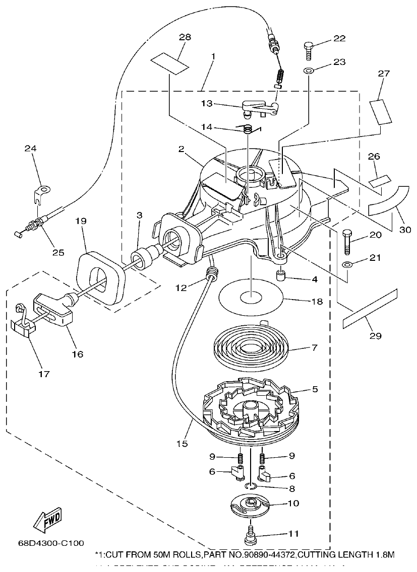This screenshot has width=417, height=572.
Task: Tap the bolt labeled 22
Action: click(x=308, y=50)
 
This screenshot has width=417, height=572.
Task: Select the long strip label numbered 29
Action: click(x=369, y=309)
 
